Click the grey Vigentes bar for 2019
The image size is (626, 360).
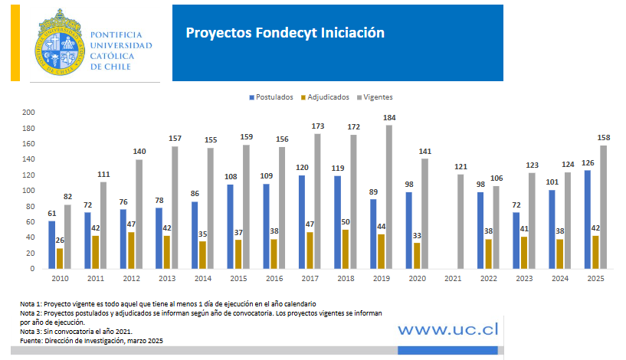[x=388, y=197]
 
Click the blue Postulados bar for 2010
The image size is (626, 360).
[x=51, y=244]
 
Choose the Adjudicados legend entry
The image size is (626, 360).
[x=326, y=97]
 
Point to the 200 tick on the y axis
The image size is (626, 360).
[x=28, y=112]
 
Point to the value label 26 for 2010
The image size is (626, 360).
[x=60, y=241]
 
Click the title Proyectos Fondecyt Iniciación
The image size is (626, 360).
[x=284, y=33]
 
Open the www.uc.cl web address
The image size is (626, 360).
[x=447, y=329]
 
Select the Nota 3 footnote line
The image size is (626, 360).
[x=70, y=332]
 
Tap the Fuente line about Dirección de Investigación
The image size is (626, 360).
[x=91, y=340]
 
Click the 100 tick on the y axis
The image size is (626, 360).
[x=28, y=190]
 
